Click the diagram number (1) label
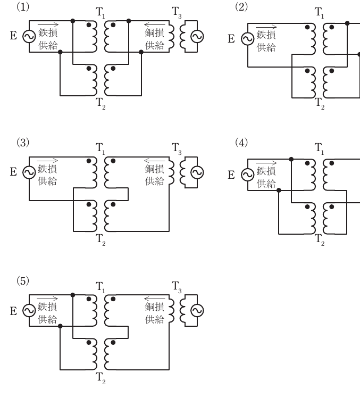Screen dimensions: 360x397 tap(23, 7)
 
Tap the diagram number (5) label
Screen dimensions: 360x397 tap(23, 281)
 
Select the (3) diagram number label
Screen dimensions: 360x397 tap(23, 143)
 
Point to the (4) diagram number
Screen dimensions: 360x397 tap(241, 143)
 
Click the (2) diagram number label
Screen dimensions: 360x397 tap(241, 7)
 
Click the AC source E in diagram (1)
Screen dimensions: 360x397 tap(29, 37)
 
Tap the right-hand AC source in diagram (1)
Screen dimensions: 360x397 tap(197, 37)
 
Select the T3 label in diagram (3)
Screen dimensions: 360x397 tap(177, 148)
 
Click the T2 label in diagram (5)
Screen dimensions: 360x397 tap(101, 378)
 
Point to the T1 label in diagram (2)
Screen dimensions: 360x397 tap(319, 13)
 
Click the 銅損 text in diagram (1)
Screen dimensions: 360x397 tap(155, 32)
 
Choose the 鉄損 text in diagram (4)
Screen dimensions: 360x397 tap(266, 171)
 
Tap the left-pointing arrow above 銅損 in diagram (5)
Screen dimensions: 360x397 tap(154, 299)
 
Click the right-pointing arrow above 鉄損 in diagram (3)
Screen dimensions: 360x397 tap(47, 161)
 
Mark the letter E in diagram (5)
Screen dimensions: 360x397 tap(14, 311)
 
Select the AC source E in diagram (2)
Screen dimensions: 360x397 tap(247, 39)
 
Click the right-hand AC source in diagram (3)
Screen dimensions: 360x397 tap(197, 172)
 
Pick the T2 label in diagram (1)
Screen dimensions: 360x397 tap(101, 104)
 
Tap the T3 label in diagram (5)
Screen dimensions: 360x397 tap(177, 287)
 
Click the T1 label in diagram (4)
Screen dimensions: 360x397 tap(319, 148)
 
